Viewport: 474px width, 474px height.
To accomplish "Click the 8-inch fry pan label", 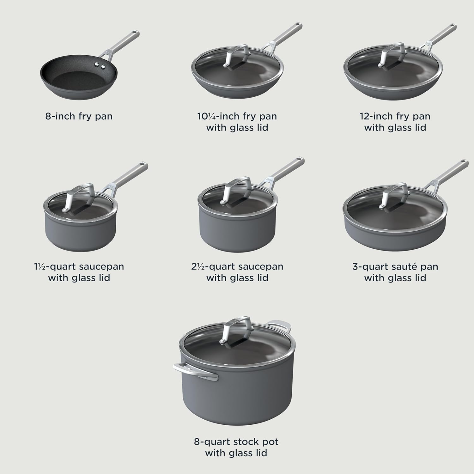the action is [79, 116].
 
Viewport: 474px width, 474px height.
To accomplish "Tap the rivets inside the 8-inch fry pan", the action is [100, 65].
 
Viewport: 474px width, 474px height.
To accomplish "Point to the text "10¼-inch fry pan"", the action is [237, 116].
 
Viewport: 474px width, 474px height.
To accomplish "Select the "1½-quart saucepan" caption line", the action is [79, 267].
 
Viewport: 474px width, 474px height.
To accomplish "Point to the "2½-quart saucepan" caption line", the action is [237, 267].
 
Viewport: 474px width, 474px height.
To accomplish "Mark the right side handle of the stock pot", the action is [278, 325].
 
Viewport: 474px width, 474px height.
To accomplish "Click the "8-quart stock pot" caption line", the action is [236, 442].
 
